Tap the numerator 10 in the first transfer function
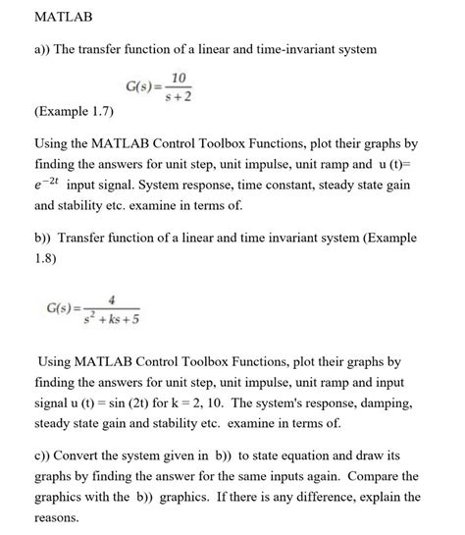178,77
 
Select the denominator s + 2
179,95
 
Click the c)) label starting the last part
42,455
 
